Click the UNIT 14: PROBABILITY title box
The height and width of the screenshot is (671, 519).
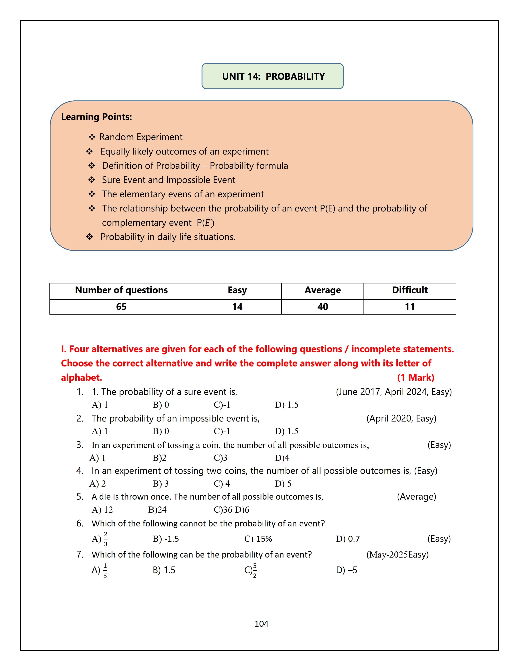(x=272, y=76)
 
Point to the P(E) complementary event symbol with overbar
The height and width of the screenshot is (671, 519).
(x=206, y=222)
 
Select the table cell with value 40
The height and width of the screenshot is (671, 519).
(x=323, y=307)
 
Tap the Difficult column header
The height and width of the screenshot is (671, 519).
(x=410, y=290)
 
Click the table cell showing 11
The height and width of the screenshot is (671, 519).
(x=410, y=307)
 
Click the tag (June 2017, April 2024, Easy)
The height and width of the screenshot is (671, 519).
(x=394, y=392)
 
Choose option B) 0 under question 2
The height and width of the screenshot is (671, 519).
(x=161, y=431)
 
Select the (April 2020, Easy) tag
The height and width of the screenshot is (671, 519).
(x=401, y=418)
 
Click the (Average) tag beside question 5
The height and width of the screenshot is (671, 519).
(x=416, y=497)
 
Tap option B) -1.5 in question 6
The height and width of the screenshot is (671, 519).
(x=166, y=539)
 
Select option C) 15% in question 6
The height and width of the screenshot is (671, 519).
(x=258, y=539)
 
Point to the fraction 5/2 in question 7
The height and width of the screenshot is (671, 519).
(x=255, y=571)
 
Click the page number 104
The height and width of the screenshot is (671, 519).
(x=261, y=624)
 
